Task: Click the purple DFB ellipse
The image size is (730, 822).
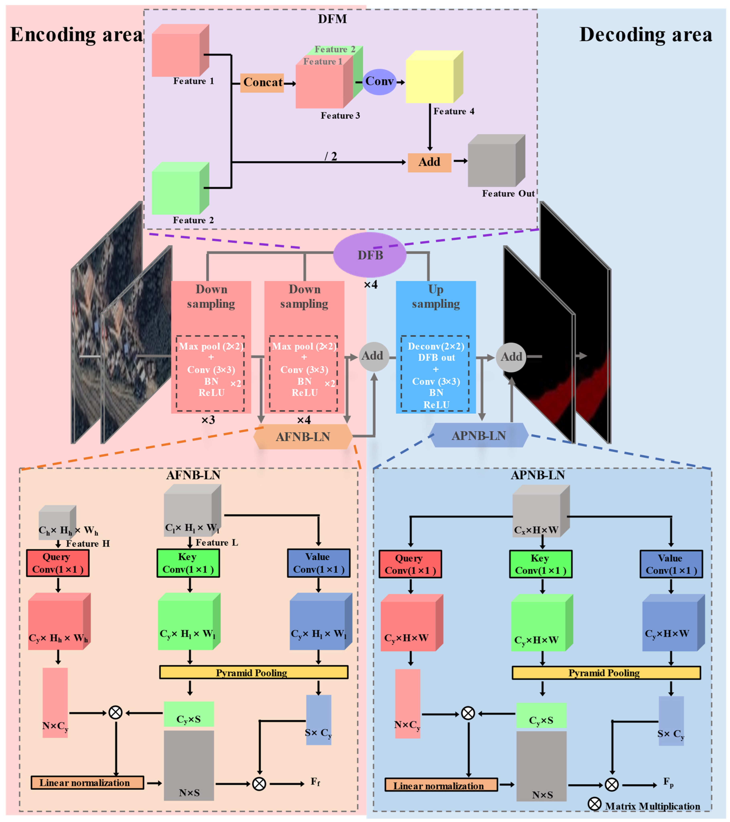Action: (370, 255)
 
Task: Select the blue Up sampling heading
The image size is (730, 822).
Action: (436, 297)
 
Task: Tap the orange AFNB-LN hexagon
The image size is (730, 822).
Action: (303, 437)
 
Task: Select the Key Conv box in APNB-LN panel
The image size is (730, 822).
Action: (540, 564)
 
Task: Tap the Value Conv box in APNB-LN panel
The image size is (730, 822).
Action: (671, 564)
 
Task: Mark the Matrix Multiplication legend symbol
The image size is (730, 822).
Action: (594, 804)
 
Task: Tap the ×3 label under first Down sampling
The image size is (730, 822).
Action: (208, 420)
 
